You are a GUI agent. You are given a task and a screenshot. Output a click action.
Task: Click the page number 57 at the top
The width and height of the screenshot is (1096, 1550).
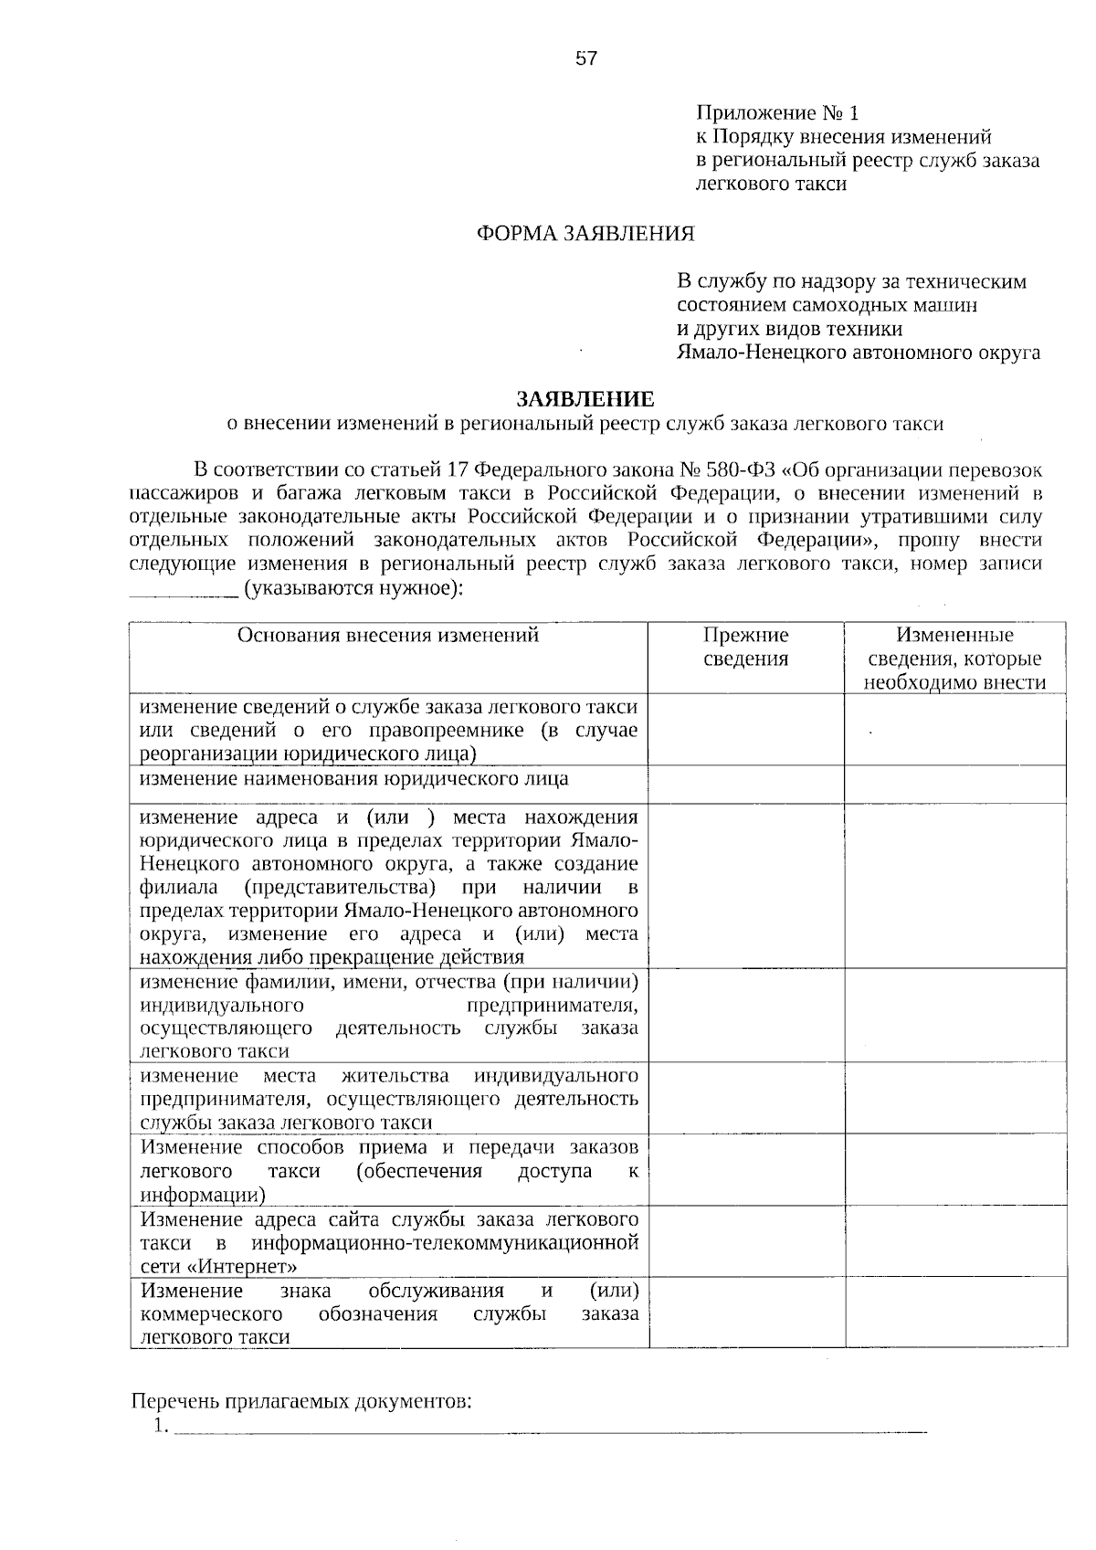[585, 59]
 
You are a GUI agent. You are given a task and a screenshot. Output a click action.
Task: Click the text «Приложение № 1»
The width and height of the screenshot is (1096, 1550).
[777, 113]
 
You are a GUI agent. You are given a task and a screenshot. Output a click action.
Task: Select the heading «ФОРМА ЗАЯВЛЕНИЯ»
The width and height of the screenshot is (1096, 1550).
[585, 234]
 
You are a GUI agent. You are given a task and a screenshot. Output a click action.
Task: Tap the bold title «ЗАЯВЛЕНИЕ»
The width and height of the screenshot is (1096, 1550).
[585, 399]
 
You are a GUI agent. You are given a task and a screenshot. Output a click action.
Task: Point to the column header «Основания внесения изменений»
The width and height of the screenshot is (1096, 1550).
[388, 636]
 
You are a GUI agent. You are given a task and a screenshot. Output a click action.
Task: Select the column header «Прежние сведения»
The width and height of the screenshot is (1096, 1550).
[746, 647]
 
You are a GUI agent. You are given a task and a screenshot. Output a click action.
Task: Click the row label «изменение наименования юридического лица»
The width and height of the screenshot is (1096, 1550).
[354, 779]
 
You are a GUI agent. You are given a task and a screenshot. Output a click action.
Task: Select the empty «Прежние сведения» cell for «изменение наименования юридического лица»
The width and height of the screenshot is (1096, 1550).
[746, 784]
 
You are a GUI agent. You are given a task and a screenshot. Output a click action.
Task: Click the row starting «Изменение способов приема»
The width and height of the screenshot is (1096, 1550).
[388, 1171]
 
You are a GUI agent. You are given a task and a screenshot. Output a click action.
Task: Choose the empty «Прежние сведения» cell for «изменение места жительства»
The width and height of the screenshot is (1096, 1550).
[746, 1098]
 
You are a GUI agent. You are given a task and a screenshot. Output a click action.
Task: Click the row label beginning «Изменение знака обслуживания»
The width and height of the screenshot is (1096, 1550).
[388, 1313]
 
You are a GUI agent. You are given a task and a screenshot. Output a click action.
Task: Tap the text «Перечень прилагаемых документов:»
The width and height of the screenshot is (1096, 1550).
[302, 1401]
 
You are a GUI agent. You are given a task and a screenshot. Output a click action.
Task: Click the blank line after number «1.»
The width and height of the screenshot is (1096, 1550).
[548, 1428]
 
